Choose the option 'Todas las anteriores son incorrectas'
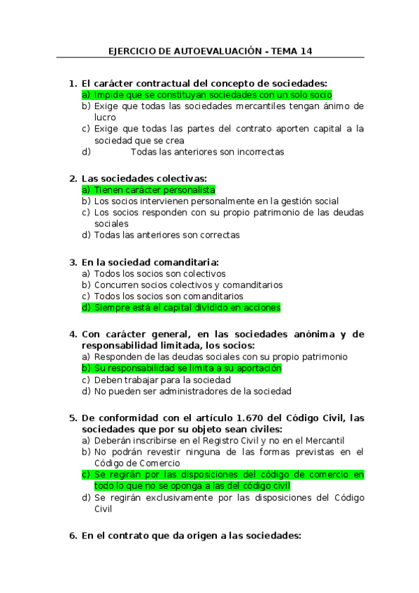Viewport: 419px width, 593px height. [x=207, y=151]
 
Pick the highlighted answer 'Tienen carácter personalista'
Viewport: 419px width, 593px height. [x=155, y=190]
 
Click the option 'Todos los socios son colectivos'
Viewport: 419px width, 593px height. [x=159, y=273]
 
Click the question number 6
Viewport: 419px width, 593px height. [x=72, y=536]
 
